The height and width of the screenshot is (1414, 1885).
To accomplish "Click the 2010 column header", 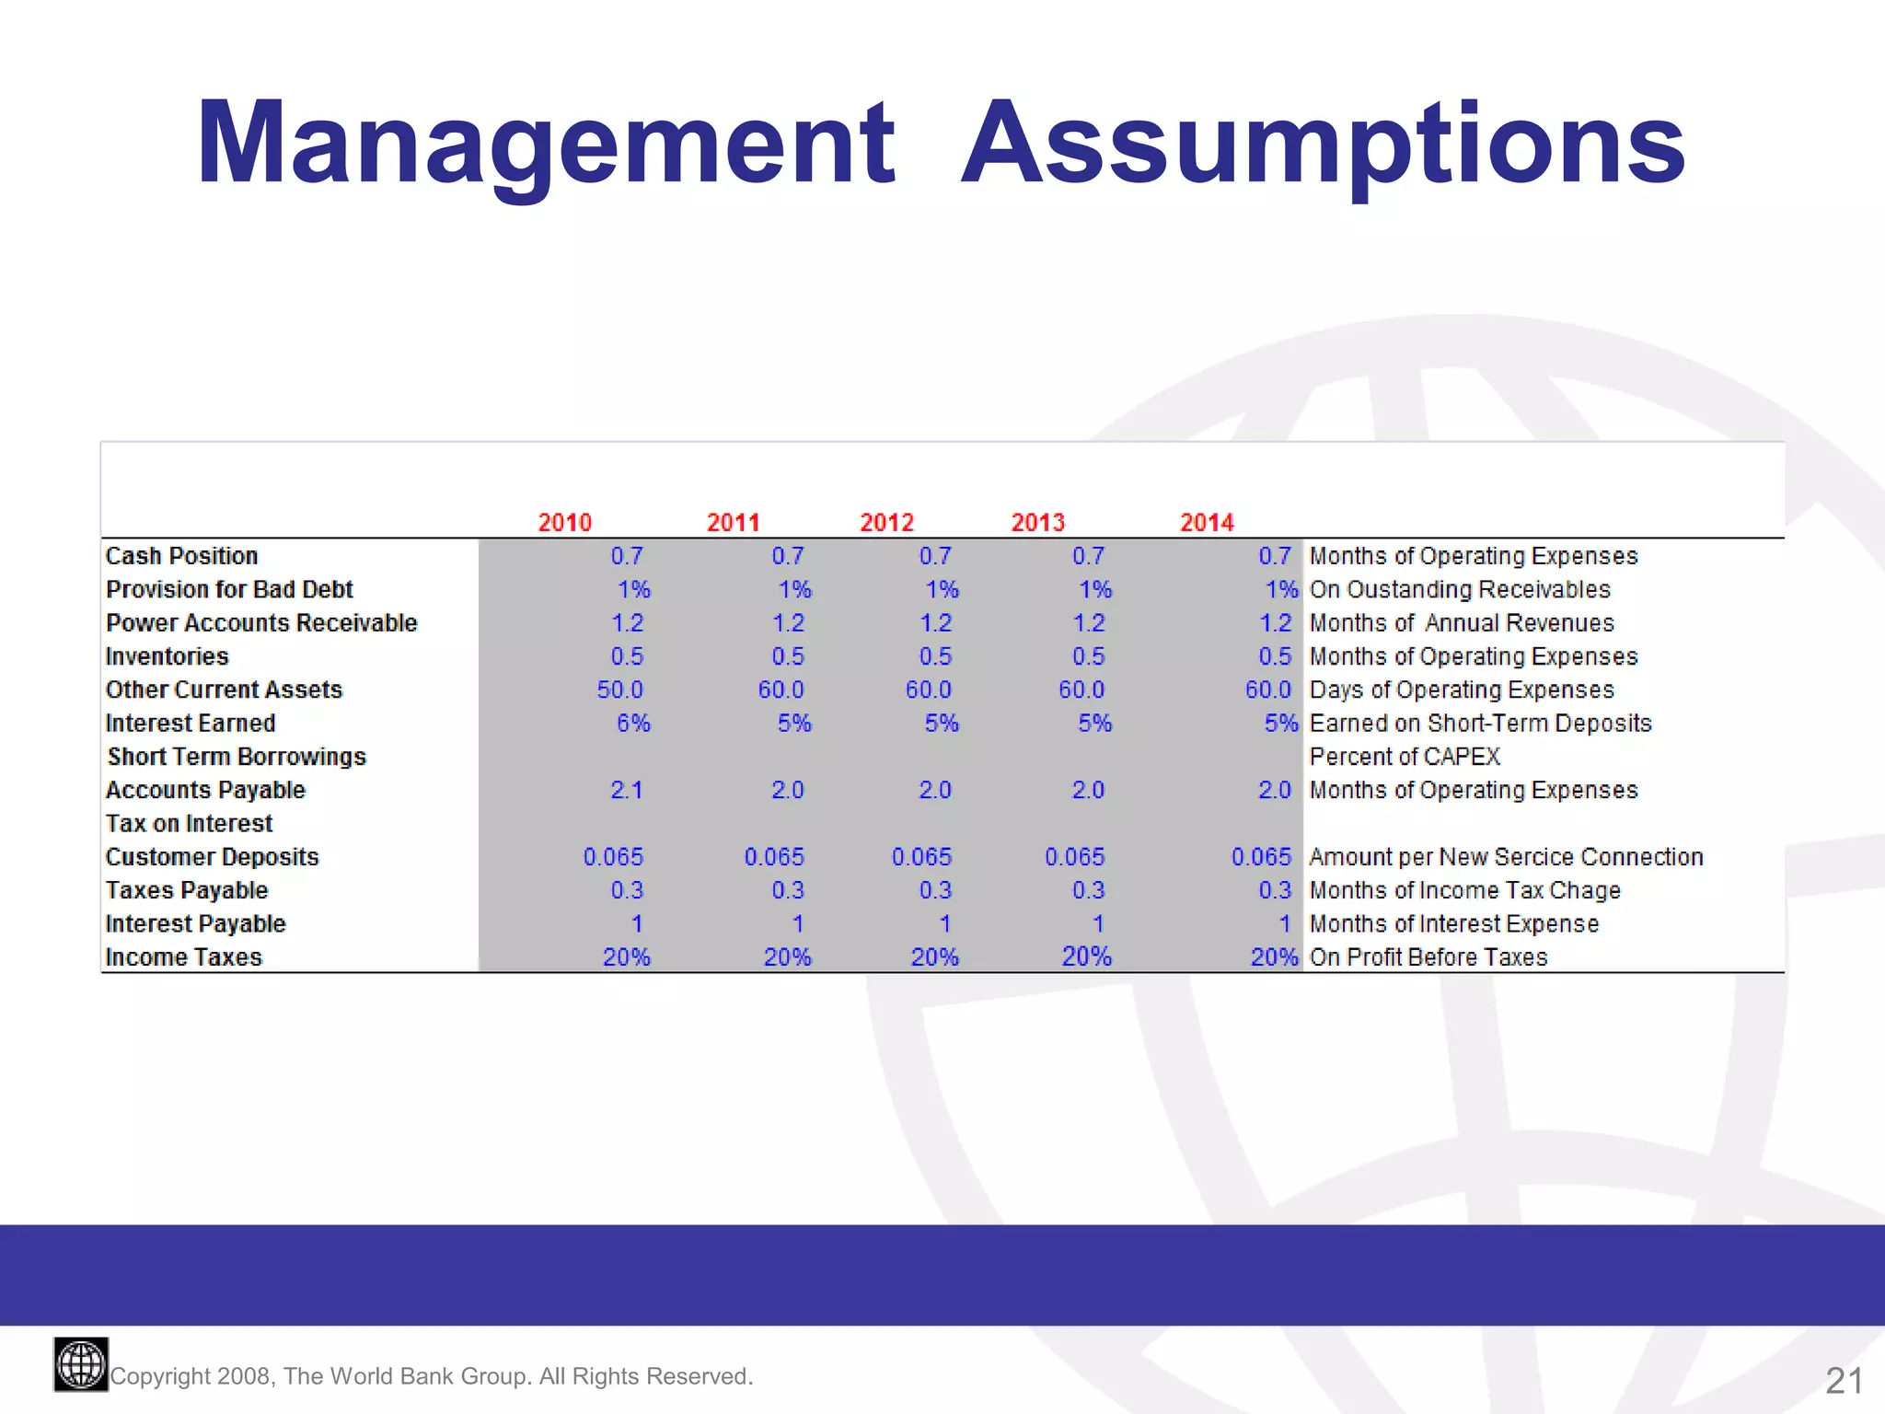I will click(564, 523).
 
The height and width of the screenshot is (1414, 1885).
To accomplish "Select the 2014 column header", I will click(1207, 523).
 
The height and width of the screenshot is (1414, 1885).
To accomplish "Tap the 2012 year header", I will click(886, 523).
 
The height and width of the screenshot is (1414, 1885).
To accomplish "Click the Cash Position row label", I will click(181, 556).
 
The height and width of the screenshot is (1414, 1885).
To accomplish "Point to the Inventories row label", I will click(167, 656).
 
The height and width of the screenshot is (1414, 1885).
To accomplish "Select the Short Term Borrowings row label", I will click(237, 757).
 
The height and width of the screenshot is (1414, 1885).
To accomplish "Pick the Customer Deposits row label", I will click(212, 857).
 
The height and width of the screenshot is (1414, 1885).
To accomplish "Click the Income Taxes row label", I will click(183, 957).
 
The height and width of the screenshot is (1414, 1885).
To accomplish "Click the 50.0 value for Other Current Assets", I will click(619, 690).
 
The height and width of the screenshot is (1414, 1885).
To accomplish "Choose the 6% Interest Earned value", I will click(633, 724).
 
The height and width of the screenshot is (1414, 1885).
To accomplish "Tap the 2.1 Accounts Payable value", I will click(626, 790).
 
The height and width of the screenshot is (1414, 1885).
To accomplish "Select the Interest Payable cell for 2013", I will click(1097, 923).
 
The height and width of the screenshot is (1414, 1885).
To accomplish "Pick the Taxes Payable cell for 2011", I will click(788, 890).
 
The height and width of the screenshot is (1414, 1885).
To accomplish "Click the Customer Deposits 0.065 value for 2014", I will click(1261, 857).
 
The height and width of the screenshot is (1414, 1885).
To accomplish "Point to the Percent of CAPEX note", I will click(1405, 757).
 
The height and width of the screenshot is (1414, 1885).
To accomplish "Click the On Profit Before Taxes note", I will click(1428, 957).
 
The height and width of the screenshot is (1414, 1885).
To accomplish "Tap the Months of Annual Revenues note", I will click(1462, 623).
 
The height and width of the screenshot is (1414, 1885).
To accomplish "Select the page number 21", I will click(1844, 1380).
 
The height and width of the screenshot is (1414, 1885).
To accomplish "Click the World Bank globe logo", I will click(81, 1364).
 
